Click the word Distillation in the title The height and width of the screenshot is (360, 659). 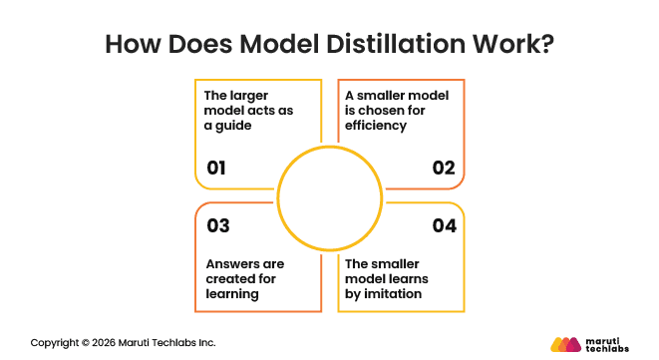(x=396, y=44)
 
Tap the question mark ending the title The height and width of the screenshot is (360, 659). (x=548, y=44)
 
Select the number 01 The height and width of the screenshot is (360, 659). (x=216, y=168)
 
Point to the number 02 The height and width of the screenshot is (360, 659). (x=444, y=168)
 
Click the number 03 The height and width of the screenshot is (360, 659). (x=218, y=225)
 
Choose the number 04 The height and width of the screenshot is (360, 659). (x=445, y=225)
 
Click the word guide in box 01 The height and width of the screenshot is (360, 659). (x=233, y=126)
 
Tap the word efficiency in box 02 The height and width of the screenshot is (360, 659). (x=376, y=126)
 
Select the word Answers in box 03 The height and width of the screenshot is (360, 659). (x=226, y=264)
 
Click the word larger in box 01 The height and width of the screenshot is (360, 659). (x=249, y=97)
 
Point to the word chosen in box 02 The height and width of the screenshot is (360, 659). (x=378, y=111)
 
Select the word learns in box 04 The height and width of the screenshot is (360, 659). (x=409, y=279)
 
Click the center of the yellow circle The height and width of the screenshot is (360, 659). (x=330, y=198)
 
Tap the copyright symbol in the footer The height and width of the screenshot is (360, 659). (x=86, y=343)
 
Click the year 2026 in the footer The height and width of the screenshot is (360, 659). (x=104, y=343)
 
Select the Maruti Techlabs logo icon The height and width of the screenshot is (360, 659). (x=565, y=344)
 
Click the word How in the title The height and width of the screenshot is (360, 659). (x=133, y=44)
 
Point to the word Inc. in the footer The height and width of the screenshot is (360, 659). (x=207, y=343)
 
